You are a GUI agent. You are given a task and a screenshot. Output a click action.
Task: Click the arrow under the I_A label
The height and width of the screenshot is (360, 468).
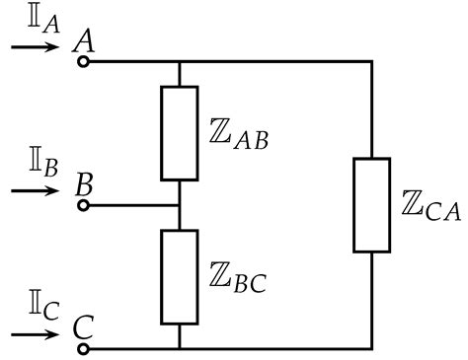(37, 44)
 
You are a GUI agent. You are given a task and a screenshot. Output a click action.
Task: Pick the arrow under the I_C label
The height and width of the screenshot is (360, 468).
(37, 331)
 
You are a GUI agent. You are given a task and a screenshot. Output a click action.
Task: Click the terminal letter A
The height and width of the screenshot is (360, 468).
(85, 39)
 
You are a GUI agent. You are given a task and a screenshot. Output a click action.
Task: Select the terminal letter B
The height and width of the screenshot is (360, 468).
(85, 184)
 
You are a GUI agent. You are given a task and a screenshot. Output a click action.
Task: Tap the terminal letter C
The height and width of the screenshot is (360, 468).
(85, 326)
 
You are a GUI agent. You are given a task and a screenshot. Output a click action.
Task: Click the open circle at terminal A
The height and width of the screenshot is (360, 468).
(84, 61)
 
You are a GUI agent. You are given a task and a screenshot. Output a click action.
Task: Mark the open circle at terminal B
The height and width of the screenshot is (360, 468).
(84, 205)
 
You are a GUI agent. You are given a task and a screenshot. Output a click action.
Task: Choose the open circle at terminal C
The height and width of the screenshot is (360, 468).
(84, 348)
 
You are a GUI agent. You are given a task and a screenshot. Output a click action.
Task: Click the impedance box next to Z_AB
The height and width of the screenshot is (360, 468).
(179, 133)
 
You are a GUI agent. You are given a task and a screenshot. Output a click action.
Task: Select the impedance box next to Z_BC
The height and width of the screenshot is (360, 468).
(179, 277)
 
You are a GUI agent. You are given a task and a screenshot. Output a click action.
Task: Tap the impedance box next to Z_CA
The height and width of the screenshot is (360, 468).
(372, 205)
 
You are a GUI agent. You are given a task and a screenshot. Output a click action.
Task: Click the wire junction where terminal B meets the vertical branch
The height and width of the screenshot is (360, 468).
(179, 205)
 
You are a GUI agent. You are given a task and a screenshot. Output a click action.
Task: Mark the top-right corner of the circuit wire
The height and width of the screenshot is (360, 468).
(372, 61)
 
